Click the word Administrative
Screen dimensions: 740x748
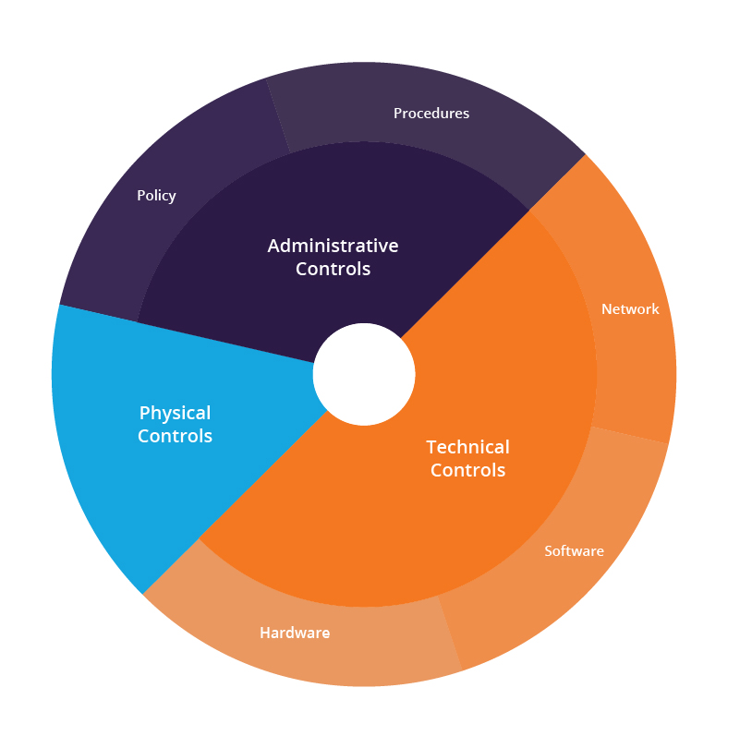coord(333,246)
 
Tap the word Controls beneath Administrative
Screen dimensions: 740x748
coord(333,269)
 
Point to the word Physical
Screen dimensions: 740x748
coord(175,414)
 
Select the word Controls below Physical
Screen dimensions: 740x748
coord(175,436)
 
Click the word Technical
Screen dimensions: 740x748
coord(467,447)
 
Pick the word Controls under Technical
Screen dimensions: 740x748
coord(467,470)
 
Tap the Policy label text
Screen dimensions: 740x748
coord(156,196)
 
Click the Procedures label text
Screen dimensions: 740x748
coord(431,113)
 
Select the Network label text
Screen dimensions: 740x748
coord(630,309)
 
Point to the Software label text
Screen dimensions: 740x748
coord(574,551)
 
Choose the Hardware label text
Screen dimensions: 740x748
coord(295,633)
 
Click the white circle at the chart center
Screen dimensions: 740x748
coord(364,375)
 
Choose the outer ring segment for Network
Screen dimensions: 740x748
coord(630,306)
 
